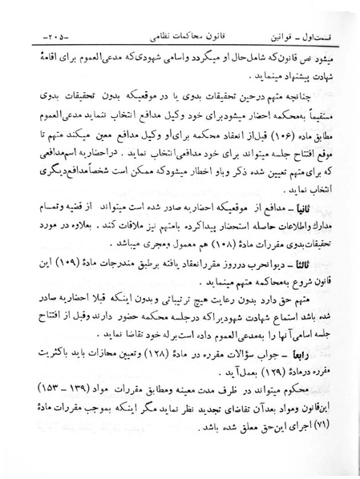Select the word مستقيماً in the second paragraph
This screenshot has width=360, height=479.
coord(329,135)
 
